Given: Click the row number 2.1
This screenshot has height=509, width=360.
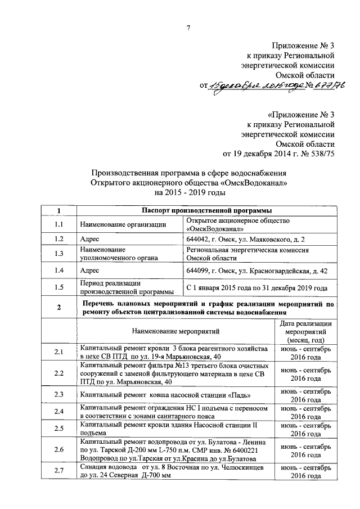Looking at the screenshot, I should click(58, 353).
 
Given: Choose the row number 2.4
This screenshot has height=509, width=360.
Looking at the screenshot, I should click(58, 411).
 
